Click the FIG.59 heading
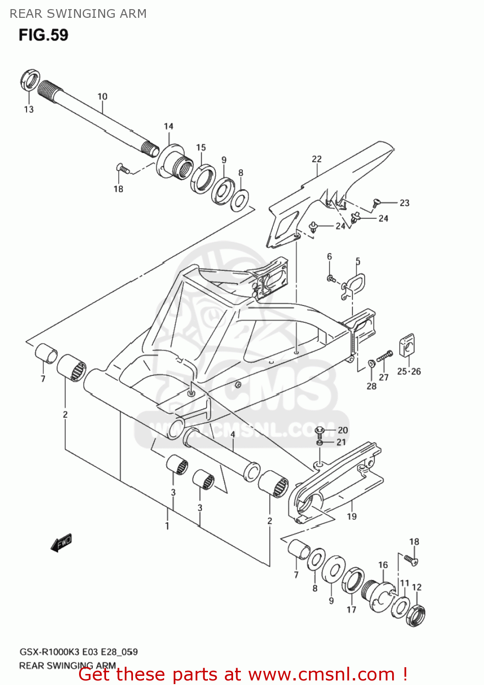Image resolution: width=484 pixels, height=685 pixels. coord(43,35)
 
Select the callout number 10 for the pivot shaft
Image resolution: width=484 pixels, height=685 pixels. coord(102,96)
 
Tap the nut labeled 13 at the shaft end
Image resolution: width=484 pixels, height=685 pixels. coord(30,81)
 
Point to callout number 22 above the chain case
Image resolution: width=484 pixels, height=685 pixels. coord(317,159)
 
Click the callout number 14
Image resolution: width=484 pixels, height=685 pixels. coord(169,126)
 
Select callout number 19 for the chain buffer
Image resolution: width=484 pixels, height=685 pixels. coord(351,516)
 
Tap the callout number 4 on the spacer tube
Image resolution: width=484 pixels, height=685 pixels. coord(233,434)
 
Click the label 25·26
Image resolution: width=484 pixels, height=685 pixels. coord(409,371)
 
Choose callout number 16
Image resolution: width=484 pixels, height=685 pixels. coord(383,565)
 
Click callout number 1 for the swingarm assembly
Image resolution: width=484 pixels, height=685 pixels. coord(167,526)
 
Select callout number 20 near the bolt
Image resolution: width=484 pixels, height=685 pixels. coord(343,430)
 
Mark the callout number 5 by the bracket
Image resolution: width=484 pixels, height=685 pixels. coord(358,261)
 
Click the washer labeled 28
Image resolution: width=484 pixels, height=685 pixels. coord(371,364)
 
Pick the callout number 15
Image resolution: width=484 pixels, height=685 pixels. coord(201,148)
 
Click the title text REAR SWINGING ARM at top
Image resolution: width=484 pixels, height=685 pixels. coord(78,14)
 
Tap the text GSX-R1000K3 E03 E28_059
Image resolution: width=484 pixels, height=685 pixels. coord(78,652)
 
